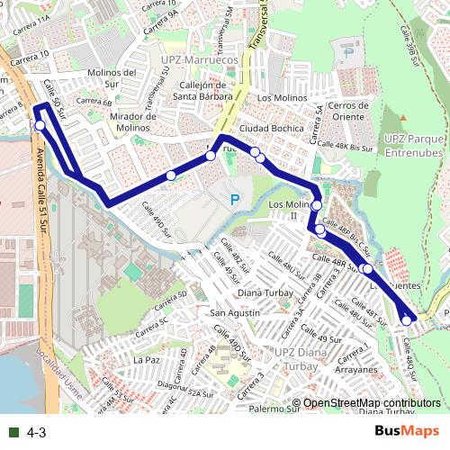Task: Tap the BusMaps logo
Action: point(408,432)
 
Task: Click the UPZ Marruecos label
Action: point(199,59)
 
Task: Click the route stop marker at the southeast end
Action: point(407,320)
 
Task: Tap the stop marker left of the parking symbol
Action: point(171,175)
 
